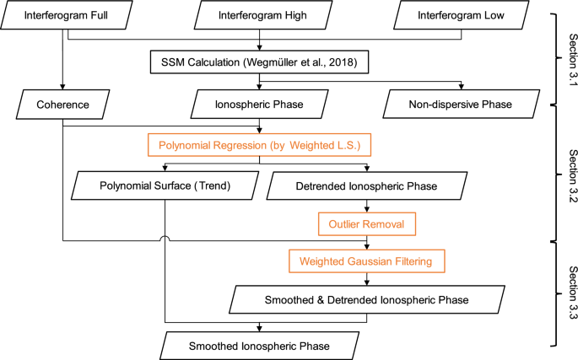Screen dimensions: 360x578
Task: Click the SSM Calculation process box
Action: coord(260,62)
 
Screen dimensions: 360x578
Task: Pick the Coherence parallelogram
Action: coord(62,107)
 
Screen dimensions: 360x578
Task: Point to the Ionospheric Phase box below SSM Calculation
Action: coord(260,107)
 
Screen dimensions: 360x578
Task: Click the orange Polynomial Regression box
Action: coord(260,145)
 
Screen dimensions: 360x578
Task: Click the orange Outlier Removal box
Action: coord(367,223)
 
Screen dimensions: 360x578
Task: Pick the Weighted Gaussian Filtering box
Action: coord(367,261)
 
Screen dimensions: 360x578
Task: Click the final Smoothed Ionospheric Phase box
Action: coord(260,345)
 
